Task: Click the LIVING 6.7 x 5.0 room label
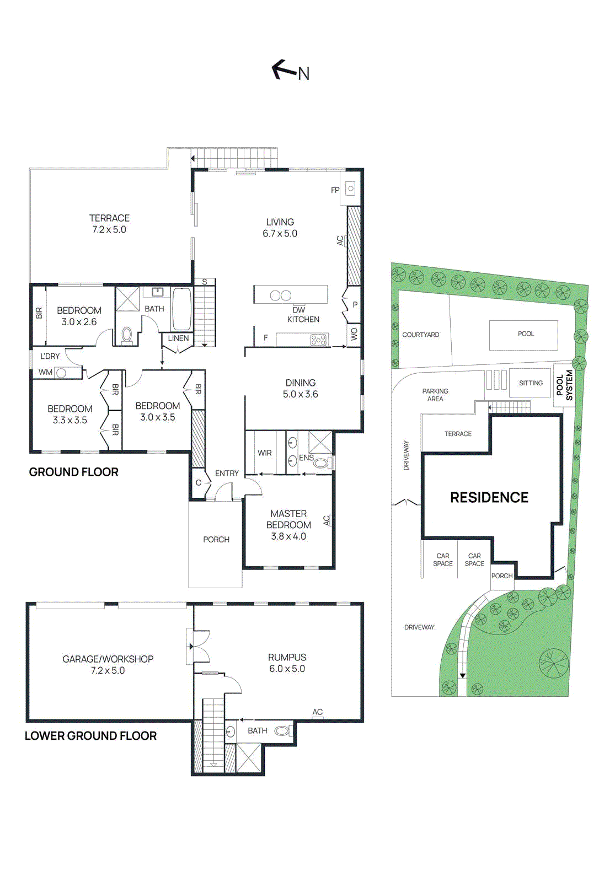pyautogui.click(x=280, y=228)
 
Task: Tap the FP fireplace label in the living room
pyautogui.click(x=335, y=190)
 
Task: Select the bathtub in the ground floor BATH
pyautogui.click(x=182, y=309)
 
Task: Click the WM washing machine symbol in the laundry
pyautogui.click(x=61, y=373)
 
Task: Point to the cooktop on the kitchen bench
pyautogui.click(x=318, y=340)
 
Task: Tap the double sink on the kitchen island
pyautogui.click(x=280, y=295)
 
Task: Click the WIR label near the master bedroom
pyautogui.click(x=265, y=453)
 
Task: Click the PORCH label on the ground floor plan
pyautogui.click(x=216, y=540)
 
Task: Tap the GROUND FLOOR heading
pyautogui.click(x=73, y=472)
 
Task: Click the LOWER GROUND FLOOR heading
pyautogui.click(x=90, y=736)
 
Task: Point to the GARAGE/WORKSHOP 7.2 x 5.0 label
pyautogui.click(x=108, y=664)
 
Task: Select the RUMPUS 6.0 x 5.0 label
pyautogui.click(x=287, y=663)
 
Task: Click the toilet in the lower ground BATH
pyautogui.click(x=282, y=731)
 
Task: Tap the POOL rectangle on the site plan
pyautogui.click(x=523, y=335)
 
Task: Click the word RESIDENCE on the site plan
pyautogui.click(x=489, y=497)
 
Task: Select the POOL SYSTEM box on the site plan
pyautogui.click(x=564, y=385)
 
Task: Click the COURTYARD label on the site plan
pyautogui.click(x=421, y=335)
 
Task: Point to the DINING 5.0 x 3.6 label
pyautogui.click(x=300, y=388)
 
